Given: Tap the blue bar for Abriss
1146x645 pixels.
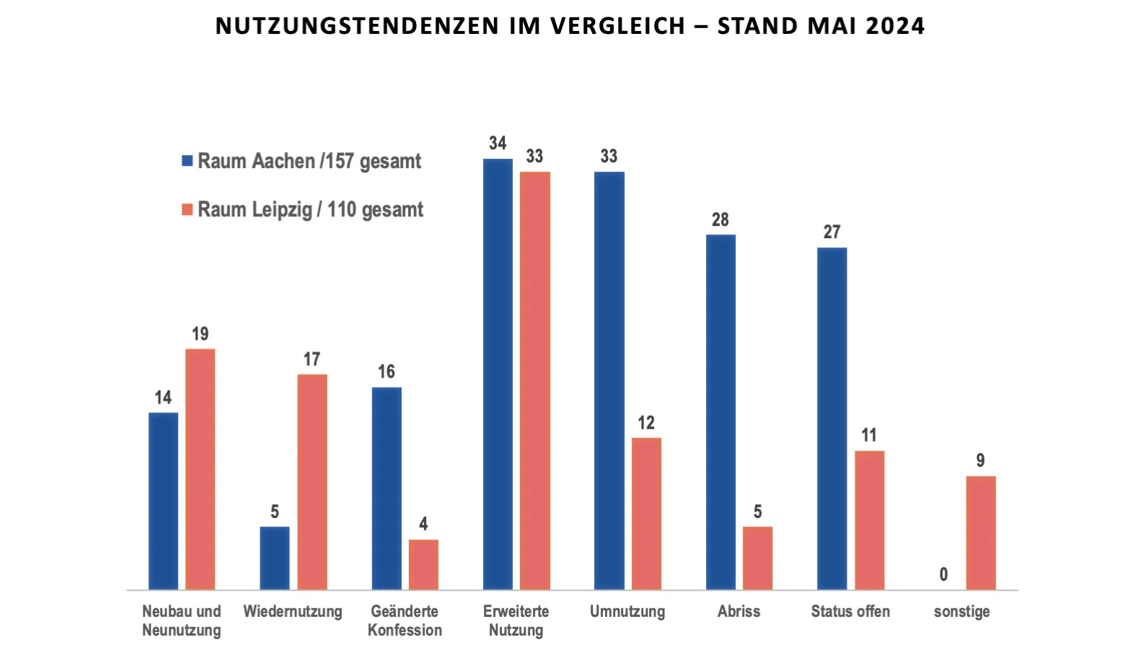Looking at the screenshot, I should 720,411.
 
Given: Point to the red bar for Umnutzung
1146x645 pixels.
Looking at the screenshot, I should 646,513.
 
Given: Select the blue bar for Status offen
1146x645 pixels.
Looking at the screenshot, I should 832,418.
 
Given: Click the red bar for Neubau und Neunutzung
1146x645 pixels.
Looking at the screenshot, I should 200,469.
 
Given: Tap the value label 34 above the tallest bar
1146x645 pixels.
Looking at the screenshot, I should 498,143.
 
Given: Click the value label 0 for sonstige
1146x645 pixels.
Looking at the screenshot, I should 943,574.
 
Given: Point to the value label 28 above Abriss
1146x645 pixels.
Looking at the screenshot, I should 720,219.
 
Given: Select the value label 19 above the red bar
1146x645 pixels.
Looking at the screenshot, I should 200,333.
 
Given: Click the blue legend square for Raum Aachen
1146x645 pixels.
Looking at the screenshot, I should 188,161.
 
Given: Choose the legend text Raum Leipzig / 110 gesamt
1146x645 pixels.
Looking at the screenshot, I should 310,210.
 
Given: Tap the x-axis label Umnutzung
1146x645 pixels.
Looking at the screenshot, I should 627,611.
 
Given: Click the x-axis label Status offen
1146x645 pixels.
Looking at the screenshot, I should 850,611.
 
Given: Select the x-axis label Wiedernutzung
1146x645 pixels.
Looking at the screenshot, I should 293,611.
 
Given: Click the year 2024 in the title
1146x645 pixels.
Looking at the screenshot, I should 894,26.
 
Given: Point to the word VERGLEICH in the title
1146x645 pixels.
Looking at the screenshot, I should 617,26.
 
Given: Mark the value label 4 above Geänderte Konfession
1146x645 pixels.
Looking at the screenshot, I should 423,524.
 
